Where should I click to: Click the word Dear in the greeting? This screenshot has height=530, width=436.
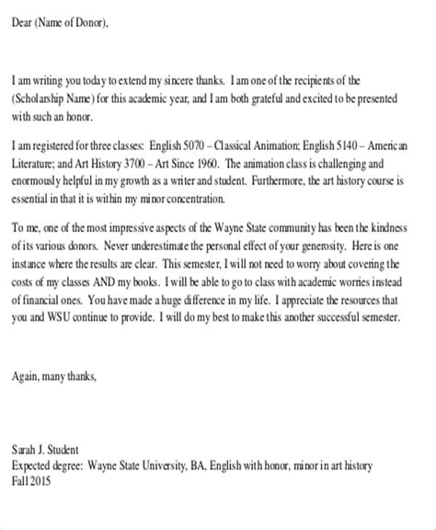click(25, 25)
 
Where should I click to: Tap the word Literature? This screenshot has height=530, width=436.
click(37, 163)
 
